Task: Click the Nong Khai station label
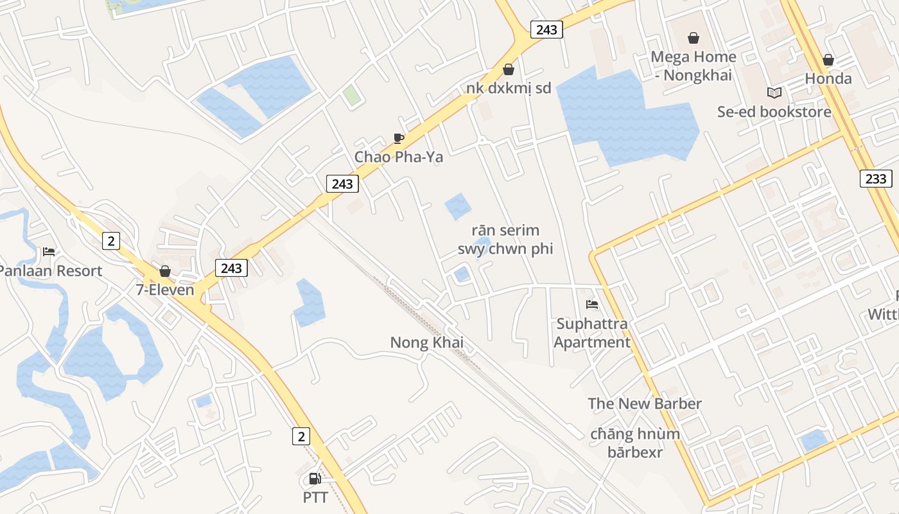tap(426, 342)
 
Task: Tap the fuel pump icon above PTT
tap(315, 479)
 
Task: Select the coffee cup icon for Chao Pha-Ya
tap(399, 138)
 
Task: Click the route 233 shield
tap(876, 179)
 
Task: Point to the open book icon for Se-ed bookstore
tap(774, 93)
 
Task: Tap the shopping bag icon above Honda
tap(828, 60)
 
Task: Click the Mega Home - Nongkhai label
tap(693, 66)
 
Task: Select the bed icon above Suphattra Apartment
tap(592, 304)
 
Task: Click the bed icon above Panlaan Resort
tap(49, 251)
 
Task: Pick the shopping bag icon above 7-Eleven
tap(165, 271)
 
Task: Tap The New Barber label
tap(645, 403)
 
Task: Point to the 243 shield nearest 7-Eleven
tap(231, 267)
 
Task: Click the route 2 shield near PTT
tap(301, 436)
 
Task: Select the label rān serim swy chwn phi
tap(505, 240)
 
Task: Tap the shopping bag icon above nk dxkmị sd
tap(509, 69)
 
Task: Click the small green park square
tap(351, 96)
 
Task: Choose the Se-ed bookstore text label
tap(774, 112)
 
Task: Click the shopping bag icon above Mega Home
tap(693, 38)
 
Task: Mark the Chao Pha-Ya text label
tap(399, 157)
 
